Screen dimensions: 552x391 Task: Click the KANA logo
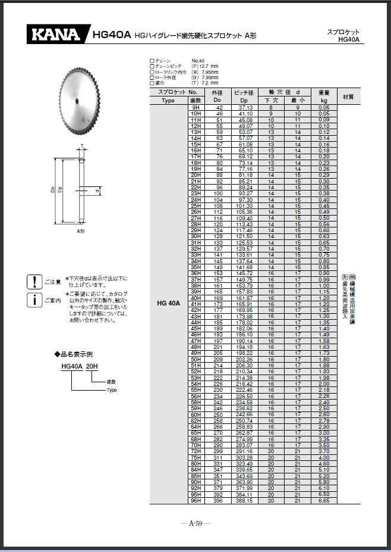(x=55, y=35)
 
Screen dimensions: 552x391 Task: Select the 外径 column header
(x=217, y=93)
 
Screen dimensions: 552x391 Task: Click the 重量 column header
(x=324, y=93)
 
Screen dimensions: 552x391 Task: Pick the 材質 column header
(x=349, y=96)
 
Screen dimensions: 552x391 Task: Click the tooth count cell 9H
(x=195, y=107)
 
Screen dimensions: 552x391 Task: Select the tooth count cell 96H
(x=195, y=501)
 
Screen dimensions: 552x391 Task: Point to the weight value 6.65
(x=324, y=501)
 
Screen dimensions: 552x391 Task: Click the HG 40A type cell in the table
(x=168, y=303)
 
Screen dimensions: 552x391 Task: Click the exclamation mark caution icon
(x=35, y=282)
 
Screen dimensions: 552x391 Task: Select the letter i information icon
(x=35, y=300)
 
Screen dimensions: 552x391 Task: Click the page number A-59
(x=195, y=523)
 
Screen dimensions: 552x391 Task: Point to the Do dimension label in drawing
(x=53, y=191)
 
